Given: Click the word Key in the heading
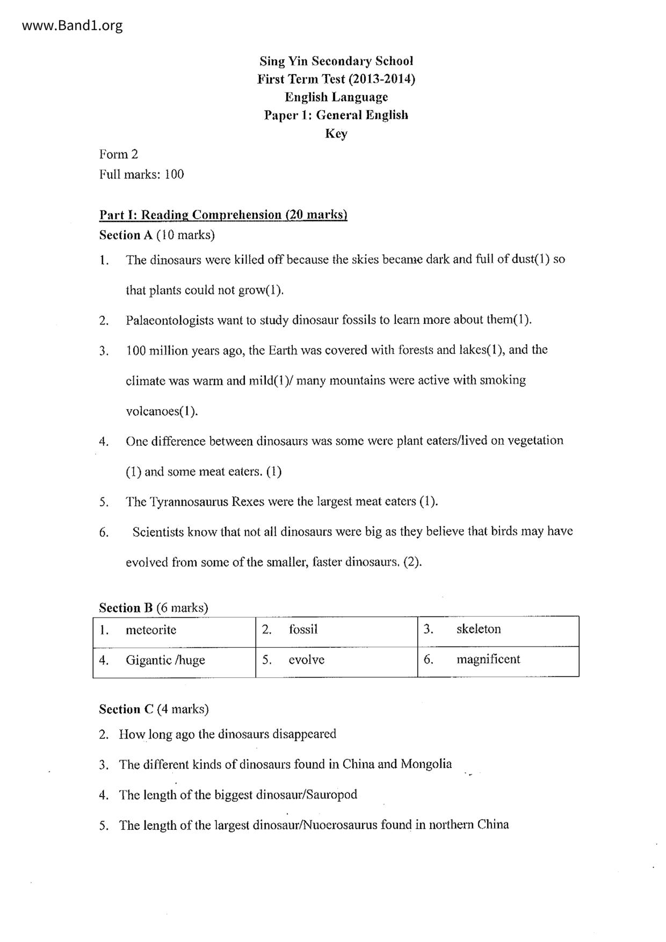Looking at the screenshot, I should pos(336,133).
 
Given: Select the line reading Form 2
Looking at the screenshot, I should pos(119,155).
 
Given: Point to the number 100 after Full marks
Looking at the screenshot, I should pos(174,174).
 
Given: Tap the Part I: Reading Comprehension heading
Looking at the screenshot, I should pos(223,215).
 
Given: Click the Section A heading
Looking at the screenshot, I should pos(157,235).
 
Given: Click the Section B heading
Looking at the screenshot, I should pos(154,607).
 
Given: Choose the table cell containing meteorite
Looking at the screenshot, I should pos(174,631).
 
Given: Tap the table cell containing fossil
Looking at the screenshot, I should pos(336,631).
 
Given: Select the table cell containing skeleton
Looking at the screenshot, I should pos(498,631).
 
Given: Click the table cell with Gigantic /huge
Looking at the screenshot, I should pos(174,661).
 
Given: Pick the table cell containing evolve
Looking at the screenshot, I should pos(336,661).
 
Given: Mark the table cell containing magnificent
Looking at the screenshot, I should pos(498,661).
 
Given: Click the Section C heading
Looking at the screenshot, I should pos(154,709).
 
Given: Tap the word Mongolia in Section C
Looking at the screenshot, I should pos(426,764).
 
